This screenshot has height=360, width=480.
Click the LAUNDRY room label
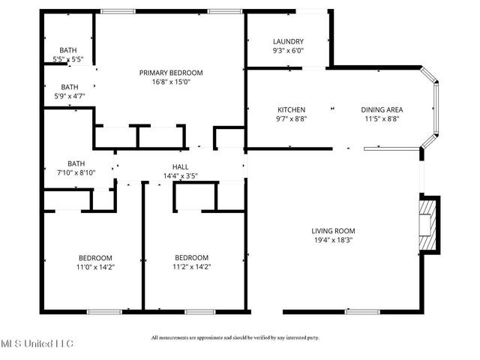288,42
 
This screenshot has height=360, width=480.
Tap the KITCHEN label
292,108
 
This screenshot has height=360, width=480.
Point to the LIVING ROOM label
334,231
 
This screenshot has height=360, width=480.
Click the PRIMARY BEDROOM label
171,73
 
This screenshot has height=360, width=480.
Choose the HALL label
181,166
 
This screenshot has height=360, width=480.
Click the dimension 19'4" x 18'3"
334,240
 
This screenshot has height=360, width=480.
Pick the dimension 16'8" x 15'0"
171,82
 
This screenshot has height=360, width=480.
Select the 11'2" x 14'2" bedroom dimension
191,266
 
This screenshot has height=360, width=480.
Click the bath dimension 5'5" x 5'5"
67,58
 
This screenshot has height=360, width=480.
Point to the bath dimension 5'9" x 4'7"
69,96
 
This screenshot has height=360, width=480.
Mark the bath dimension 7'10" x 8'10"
76,172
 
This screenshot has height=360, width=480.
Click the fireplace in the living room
428,224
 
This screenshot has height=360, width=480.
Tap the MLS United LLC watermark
37,343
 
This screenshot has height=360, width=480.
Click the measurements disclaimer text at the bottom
235,337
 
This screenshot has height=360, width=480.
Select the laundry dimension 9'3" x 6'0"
288,51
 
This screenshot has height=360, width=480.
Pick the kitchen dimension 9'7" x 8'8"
292,118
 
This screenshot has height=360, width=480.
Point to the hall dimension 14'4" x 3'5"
181,176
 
